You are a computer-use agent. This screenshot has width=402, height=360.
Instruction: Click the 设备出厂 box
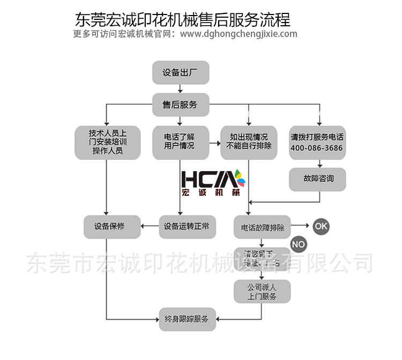click(x=180, y=72)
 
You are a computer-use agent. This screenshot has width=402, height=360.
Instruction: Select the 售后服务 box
click(x=180, y=105)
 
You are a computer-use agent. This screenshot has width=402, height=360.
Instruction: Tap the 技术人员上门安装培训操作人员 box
click(x=108, y=142)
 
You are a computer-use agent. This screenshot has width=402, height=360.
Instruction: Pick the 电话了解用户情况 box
click(x=180, y=142)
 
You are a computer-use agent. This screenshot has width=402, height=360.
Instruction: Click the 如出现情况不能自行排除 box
click(x=249, y=142)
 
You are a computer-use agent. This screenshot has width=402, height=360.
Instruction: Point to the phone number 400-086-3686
click(x=317, y=149)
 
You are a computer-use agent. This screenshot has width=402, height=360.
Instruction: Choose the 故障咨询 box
click(x=317, y=179)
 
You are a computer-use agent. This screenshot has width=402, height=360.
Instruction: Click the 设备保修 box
click(x=111, y=226)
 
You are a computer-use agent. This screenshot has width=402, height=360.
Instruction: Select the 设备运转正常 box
click(x=187, y=226)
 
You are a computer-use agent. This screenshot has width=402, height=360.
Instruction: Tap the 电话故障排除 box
click(x=262, y=227)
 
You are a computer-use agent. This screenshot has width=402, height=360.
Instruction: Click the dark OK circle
click(x=321, y=226)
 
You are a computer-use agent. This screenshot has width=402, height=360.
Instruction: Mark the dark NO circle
click(x=299, y=245)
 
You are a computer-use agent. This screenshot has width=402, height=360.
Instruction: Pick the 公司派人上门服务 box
click(x=262, y=291)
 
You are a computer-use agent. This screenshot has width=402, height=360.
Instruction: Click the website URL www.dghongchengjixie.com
click(x=239, y=34)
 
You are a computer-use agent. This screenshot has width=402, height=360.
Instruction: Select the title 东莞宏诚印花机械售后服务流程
click(x=183, y=20)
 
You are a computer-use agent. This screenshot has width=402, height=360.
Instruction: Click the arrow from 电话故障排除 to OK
click(x=300, y=226)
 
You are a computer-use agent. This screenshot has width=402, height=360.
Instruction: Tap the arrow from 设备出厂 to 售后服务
click(x=180, y=89)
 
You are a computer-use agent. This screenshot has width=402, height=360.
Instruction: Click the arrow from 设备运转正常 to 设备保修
click(x=150, y=226)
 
